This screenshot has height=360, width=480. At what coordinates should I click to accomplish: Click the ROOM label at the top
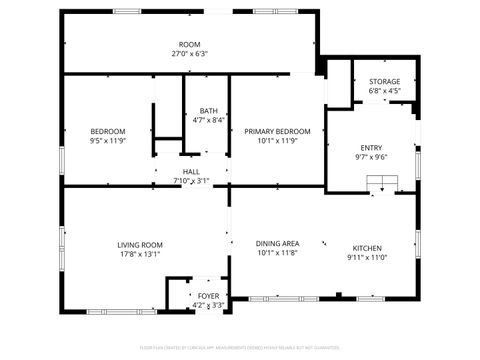point(188,45)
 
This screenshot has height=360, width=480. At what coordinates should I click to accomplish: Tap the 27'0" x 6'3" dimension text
point(188,55)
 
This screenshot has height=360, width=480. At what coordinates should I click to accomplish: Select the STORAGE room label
point(384,81)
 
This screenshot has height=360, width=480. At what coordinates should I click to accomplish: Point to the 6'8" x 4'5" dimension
point(384,91)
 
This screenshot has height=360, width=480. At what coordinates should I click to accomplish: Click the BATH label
point(208,110)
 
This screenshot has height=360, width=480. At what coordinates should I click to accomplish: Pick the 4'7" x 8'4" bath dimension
point(208,120)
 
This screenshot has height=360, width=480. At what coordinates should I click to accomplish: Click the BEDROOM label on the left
point(107,131)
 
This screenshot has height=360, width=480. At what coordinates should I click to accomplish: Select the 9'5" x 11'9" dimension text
point(107,141)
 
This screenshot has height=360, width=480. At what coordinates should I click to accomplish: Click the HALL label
point(190,171)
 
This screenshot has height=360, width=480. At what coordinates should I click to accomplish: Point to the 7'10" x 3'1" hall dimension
point(190,181)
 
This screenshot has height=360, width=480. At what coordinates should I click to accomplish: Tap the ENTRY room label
point(371,147)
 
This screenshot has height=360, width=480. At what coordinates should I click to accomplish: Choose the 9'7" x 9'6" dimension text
point(371,157)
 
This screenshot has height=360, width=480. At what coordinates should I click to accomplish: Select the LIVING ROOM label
point(139,244)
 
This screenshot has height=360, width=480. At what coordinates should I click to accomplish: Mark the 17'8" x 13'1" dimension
point(139,254)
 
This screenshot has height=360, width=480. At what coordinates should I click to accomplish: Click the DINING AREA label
point(278,243)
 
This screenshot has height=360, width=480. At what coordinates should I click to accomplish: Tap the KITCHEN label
point(366,248)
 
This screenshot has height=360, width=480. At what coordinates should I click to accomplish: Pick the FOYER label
point(208,296)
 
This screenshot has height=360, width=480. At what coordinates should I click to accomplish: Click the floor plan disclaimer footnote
point(239,347)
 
